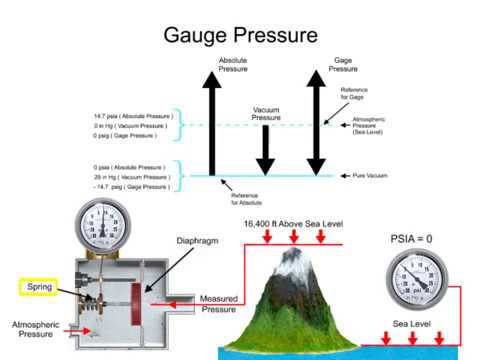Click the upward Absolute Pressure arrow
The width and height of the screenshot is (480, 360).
coord(212,125)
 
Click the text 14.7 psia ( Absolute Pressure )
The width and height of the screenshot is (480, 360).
coord(133,116)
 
